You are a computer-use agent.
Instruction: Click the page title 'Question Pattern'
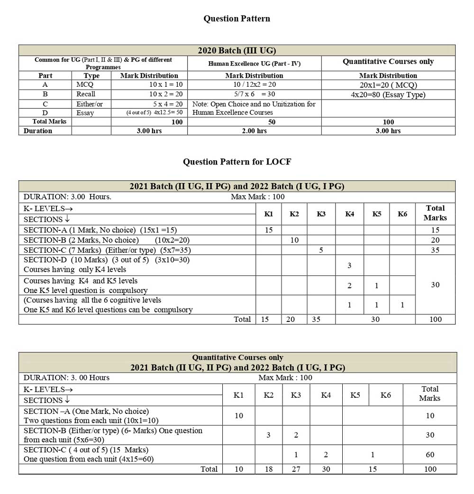coord(237,18)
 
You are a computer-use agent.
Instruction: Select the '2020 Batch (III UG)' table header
coord(237,51)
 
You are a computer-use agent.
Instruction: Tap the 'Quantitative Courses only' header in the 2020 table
coord(388,62)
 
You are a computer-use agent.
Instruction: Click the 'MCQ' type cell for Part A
coord(85,84)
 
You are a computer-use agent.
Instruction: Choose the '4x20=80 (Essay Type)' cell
coord(388,94)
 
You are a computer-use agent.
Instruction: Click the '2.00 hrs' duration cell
coord(255,131)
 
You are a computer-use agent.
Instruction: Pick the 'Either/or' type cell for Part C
coord(90,104)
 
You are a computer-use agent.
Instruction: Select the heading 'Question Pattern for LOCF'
coord(237,162)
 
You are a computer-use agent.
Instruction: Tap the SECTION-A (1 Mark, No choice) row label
coord(100,230)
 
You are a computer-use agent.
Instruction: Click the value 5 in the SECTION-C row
coord(321,250)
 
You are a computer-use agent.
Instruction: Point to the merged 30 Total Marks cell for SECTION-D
coord(435,285)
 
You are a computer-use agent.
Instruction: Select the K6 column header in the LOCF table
coord(402,214)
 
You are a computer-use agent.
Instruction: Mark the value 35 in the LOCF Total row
coord(316,320)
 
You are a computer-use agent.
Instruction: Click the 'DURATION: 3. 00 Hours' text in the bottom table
coord(66,378)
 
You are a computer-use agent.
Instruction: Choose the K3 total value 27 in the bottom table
coord(296,469)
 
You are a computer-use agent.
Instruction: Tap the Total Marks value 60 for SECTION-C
coord(430,455)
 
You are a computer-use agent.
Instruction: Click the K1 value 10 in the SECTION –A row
coord(239,416)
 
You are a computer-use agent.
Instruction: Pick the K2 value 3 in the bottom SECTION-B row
coord(268,435)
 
